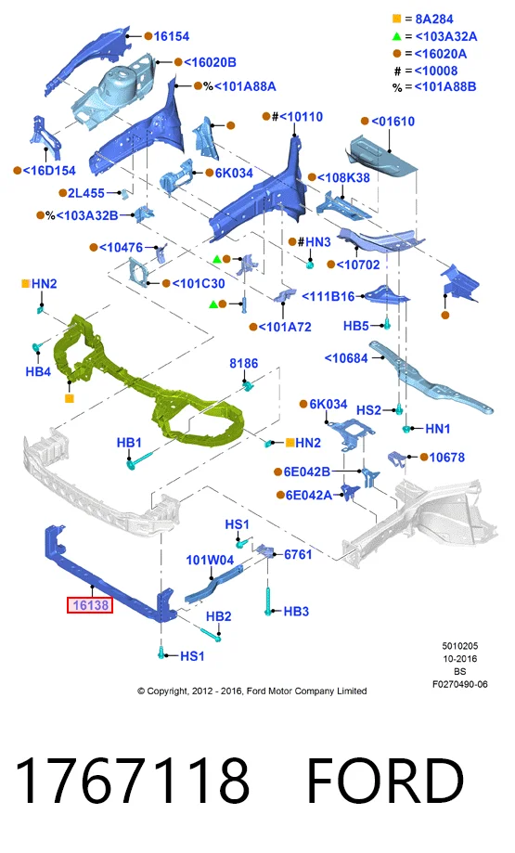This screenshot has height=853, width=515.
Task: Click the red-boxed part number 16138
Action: (90, 605)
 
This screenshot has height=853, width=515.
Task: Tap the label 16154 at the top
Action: (172, 36)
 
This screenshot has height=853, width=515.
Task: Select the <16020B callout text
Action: (210, 62)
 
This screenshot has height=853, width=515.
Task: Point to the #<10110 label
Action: (297, 116)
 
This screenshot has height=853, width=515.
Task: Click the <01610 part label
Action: (393, 122)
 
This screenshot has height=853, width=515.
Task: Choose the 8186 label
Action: (244, 364)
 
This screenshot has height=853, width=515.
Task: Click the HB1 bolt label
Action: (129, 443)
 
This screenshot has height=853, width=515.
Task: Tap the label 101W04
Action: (210, 560)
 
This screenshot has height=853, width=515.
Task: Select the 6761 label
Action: (298, 554)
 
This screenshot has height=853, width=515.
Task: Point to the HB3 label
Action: (296, 612)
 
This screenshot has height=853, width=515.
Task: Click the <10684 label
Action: (346, 358)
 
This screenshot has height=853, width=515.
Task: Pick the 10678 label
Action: (447, 458)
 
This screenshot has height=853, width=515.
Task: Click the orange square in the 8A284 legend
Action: (396, 19)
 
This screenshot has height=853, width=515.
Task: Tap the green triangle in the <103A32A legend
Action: (396, 36)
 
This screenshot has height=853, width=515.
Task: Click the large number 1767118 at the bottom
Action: (132, 782)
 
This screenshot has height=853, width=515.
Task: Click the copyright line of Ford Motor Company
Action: (251, 691)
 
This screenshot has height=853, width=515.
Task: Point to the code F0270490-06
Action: (460, 684)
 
